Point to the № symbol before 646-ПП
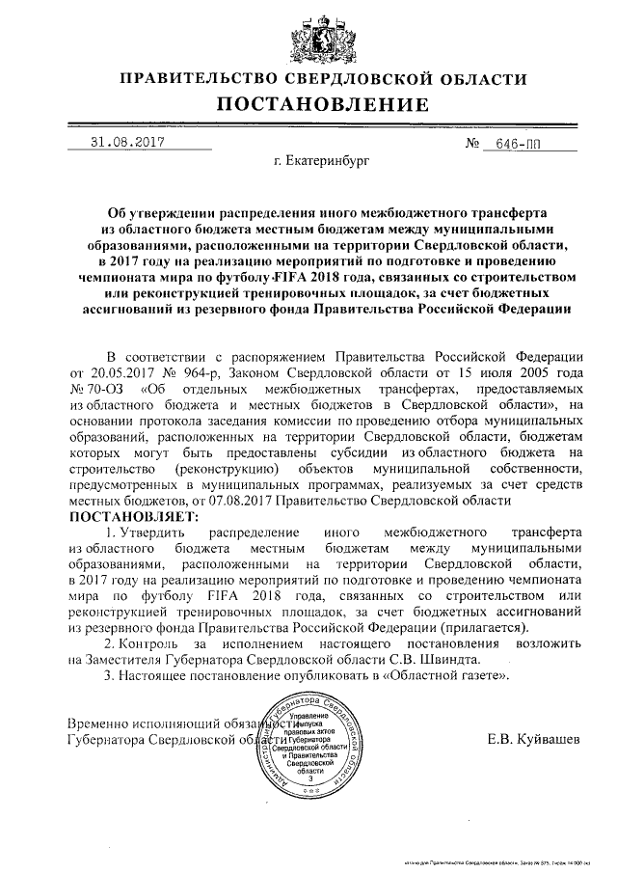(x=472, y=143)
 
